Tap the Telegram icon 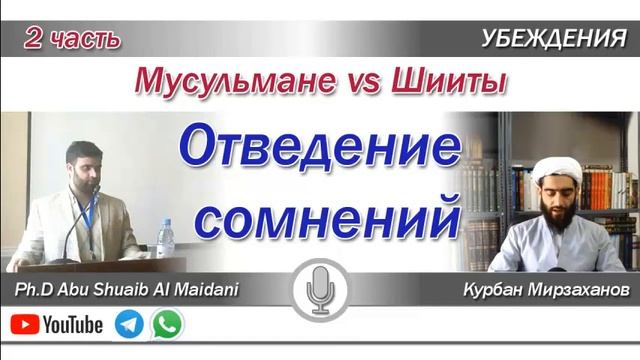click(x=129, y=324)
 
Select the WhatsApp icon click(x=169, y=324)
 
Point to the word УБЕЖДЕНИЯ click(x=560, y=39)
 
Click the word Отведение click(x=320, y=150)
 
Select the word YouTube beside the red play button click(x=73, y=325)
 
